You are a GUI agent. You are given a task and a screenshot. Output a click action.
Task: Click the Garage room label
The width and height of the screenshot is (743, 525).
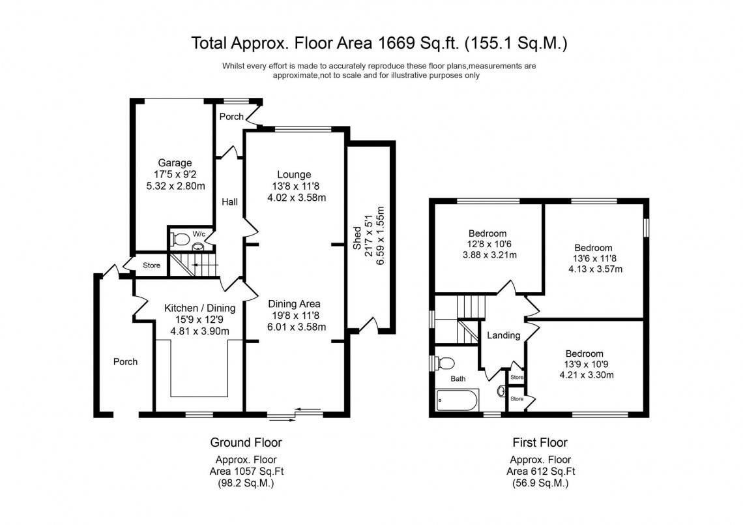174,163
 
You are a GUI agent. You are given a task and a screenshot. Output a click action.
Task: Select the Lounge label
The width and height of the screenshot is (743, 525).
293,175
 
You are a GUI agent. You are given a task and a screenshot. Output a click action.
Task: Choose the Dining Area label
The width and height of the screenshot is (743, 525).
293,304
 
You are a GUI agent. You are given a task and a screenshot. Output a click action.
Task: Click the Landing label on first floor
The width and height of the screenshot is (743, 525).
504,335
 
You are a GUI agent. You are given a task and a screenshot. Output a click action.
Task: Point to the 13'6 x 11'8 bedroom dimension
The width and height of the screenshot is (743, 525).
593,258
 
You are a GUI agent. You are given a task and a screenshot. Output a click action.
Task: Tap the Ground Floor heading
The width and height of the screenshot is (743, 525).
246,443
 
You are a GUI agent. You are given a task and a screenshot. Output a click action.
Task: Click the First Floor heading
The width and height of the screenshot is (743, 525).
540,443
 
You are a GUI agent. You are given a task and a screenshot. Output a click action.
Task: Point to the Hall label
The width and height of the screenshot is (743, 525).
229,203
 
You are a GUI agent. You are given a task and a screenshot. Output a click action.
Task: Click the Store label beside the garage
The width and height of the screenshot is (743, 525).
151,265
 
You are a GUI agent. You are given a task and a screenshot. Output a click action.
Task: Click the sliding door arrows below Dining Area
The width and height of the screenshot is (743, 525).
308,411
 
